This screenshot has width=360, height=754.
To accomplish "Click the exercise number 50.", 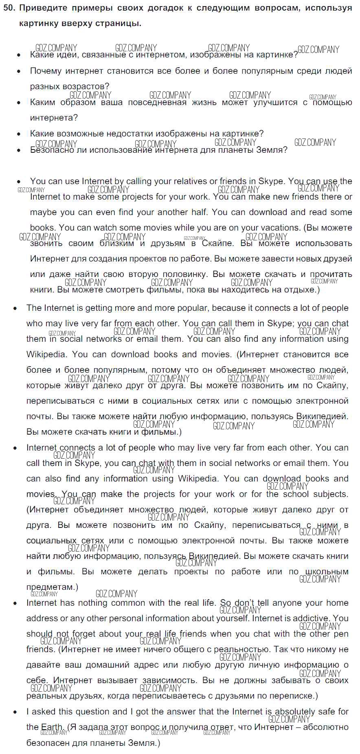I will coord(8,8).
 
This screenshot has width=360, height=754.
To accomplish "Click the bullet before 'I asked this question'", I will coord(15,712).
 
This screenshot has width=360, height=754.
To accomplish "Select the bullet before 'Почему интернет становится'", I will coord(19,71).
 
